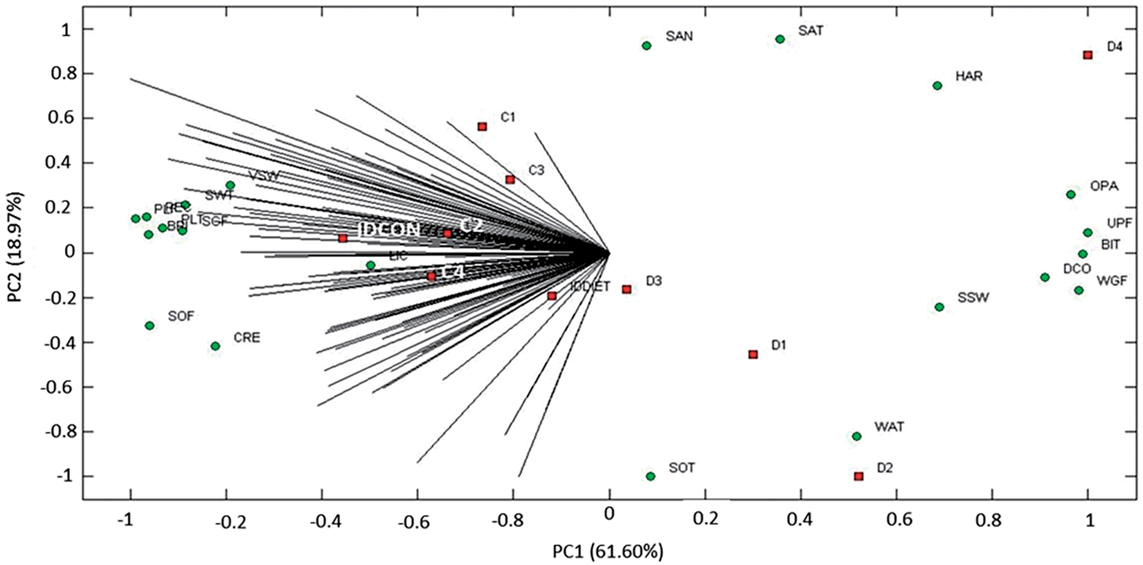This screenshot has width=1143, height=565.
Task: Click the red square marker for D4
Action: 1088,55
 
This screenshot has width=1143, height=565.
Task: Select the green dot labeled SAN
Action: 647,46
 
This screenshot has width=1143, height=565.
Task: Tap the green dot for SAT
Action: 780,39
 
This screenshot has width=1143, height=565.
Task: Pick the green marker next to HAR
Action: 937,85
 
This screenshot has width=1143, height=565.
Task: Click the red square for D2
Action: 858,476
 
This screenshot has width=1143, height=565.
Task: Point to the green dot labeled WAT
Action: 857,436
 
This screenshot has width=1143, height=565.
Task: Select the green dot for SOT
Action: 650,476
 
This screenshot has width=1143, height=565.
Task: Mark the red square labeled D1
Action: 753,354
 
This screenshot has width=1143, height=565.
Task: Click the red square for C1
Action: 482,126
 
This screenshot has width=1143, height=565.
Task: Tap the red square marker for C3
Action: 510,179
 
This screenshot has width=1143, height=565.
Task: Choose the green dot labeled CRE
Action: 215,346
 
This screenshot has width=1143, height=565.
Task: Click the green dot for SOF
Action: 150,326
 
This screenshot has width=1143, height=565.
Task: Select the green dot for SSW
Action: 939,307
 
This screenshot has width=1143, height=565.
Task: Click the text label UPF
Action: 1120,223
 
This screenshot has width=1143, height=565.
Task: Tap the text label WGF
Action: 1112,280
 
